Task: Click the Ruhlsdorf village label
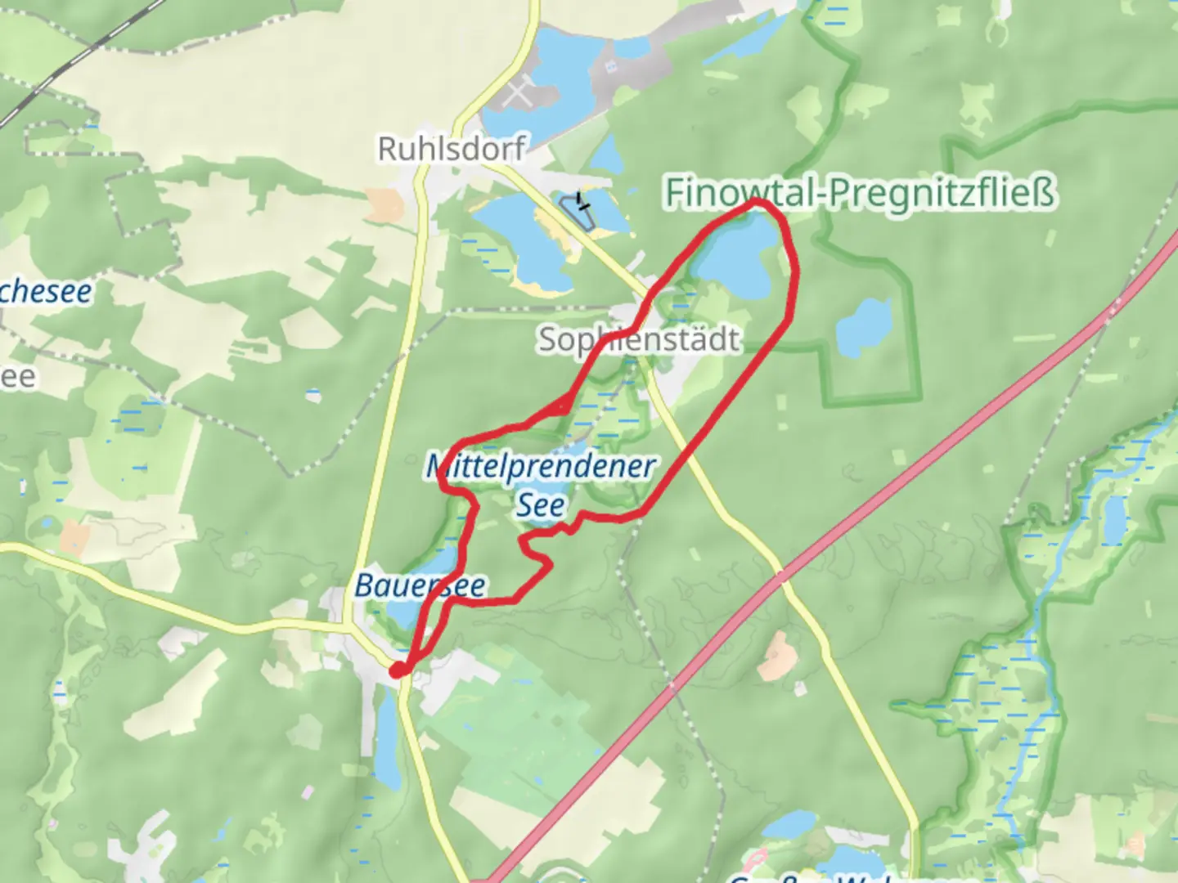click(x=451, y=149)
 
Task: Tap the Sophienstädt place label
click(x=638, y=339)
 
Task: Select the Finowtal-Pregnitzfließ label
click(x=859, y=193)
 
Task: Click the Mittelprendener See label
click(x=541, y=467)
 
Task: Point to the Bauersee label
click(x=420, y=585)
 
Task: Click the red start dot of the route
click(x=398, y=670)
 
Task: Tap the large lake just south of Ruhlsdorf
click(x=515, y=237)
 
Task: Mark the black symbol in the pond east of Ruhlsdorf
click(x=582, y=199)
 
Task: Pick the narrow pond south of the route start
click(x=387, y=736)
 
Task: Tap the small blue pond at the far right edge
click(x=1114, y=519)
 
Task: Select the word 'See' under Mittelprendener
click(x=540, y=504)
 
